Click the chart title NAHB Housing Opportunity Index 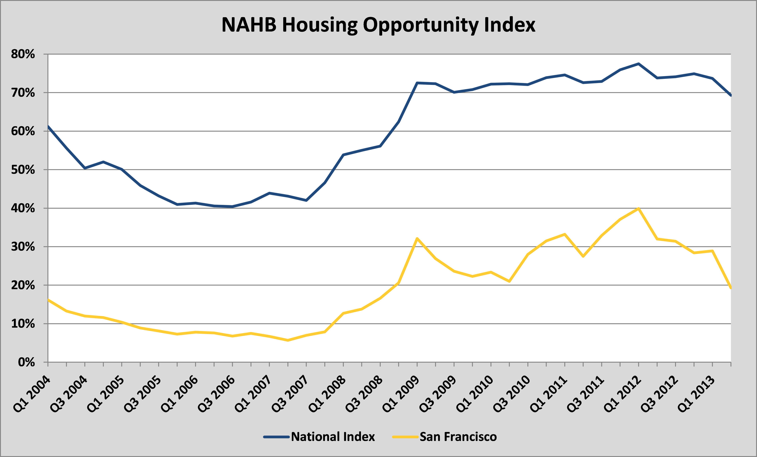pos(378,25)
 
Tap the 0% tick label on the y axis pos(26,362)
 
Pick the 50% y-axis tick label pos(23,170)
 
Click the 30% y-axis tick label pos(23,247)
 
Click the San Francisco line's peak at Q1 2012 pos(639,209)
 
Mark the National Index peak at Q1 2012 pos(639,64)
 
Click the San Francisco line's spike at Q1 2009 pos(417,238)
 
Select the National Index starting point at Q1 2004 pos(48,126)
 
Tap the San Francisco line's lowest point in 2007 pos(288,340)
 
